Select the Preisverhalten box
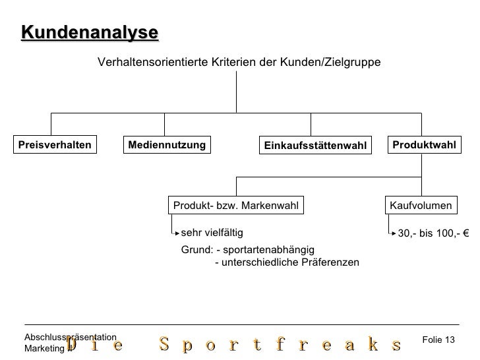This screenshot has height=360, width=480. click(x=53, y=144)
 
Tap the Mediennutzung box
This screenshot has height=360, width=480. click(x=167, y=144)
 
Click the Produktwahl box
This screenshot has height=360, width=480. click(x=424, y=144)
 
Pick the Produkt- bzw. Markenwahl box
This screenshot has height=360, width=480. click(x=236, y=206)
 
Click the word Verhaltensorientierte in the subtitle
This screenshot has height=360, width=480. click(x=153, y=62)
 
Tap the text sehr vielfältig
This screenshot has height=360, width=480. click(x=212, y=232)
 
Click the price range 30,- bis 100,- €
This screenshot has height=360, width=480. click(x=433, y=233)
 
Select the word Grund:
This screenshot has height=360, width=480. click(x=196, y=250)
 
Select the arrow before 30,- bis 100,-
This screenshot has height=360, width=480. click(x=392, y=233)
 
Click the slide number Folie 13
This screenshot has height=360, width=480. click(x=438, y=340)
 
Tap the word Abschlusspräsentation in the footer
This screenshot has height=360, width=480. click(x=70, y=337)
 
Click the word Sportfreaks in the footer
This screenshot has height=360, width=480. click(x=280, y=345)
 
